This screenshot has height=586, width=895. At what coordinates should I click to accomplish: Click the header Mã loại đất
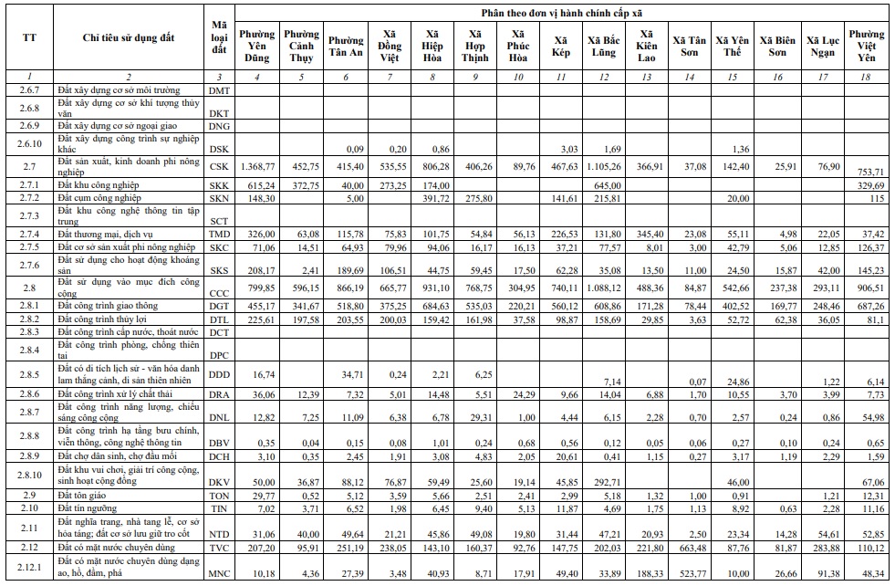click(219, 37)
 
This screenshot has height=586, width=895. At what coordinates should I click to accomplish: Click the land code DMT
click(219, 90)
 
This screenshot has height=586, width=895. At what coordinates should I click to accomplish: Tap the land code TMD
click(219, 234)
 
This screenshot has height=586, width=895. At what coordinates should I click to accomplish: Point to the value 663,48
click(690, 548)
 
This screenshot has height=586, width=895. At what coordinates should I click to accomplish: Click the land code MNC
click(219, 574)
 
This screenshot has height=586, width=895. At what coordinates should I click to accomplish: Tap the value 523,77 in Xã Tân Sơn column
click(690, 574)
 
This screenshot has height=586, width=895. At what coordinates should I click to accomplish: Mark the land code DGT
click(219, 307)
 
